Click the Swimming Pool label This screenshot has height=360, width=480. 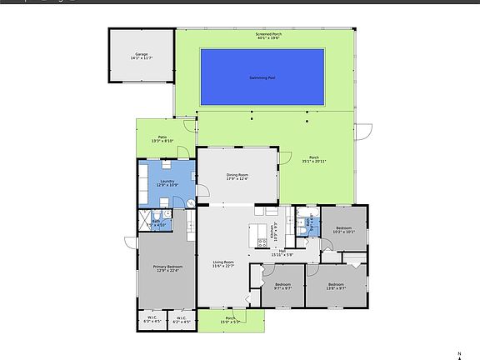pos(262,77)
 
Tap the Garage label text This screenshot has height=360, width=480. pos(140,57)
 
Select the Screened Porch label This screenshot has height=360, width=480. pos(267,36)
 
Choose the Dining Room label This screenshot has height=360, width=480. pos(237,177)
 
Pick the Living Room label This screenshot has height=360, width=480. pos(223,265)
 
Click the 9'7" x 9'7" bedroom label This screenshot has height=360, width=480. pos(282,287)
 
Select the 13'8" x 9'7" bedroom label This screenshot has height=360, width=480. pos(336,287)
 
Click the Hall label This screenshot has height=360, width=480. pos(283,252)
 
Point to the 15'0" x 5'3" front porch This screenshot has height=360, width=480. pos(231,319)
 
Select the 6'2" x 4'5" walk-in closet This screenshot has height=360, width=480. pos(181,320)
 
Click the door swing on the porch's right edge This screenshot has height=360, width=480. pos(362,132)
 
